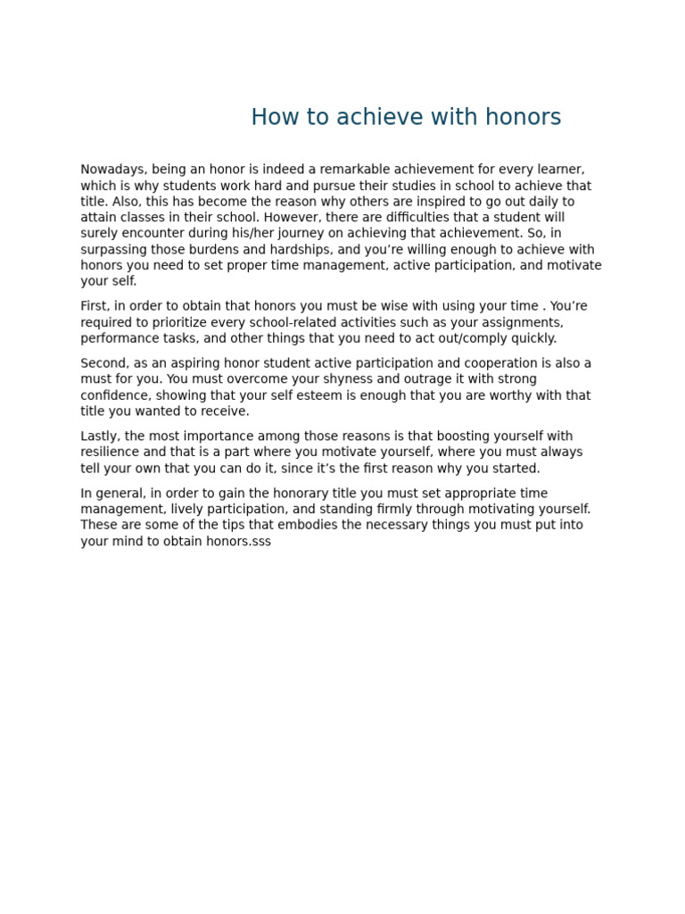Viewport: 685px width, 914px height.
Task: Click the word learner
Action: [560, 170]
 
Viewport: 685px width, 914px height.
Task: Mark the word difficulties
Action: [404, 218]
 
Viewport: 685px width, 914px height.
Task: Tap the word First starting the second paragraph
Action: [94, 306]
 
